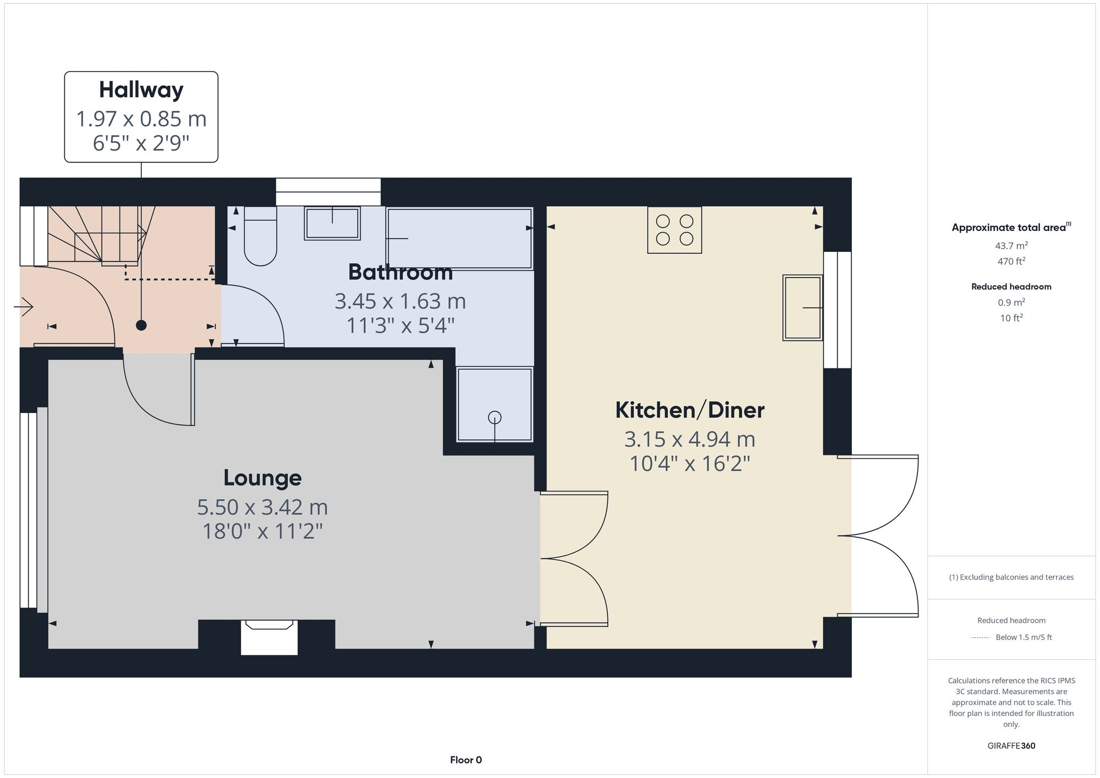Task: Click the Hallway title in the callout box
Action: tap(141, 90)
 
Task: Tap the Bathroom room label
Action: tap(400, 273)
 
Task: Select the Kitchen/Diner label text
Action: tap(690, 410)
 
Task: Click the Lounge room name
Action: tap(262, 478)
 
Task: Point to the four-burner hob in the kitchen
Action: tap(674, 230)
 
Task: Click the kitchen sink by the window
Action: tap(802, 307)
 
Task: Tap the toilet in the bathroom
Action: tap(260, 236)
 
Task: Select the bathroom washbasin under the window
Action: tap(332, 223)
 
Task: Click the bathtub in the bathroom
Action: tap(459, 238)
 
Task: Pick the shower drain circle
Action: tap(494, 417)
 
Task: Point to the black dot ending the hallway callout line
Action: tap(141, 325)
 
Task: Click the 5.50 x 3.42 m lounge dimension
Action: tap(262, 507)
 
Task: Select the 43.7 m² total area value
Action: tap(1011, 246)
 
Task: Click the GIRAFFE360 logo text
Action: tap(1011, 746)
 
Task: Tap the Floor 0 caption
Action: tap(465, 760)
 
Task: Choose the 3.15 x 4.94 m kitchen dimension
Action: tap(690, 439)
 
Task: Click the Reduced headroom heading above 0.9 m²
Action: tap(1011, 286)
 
